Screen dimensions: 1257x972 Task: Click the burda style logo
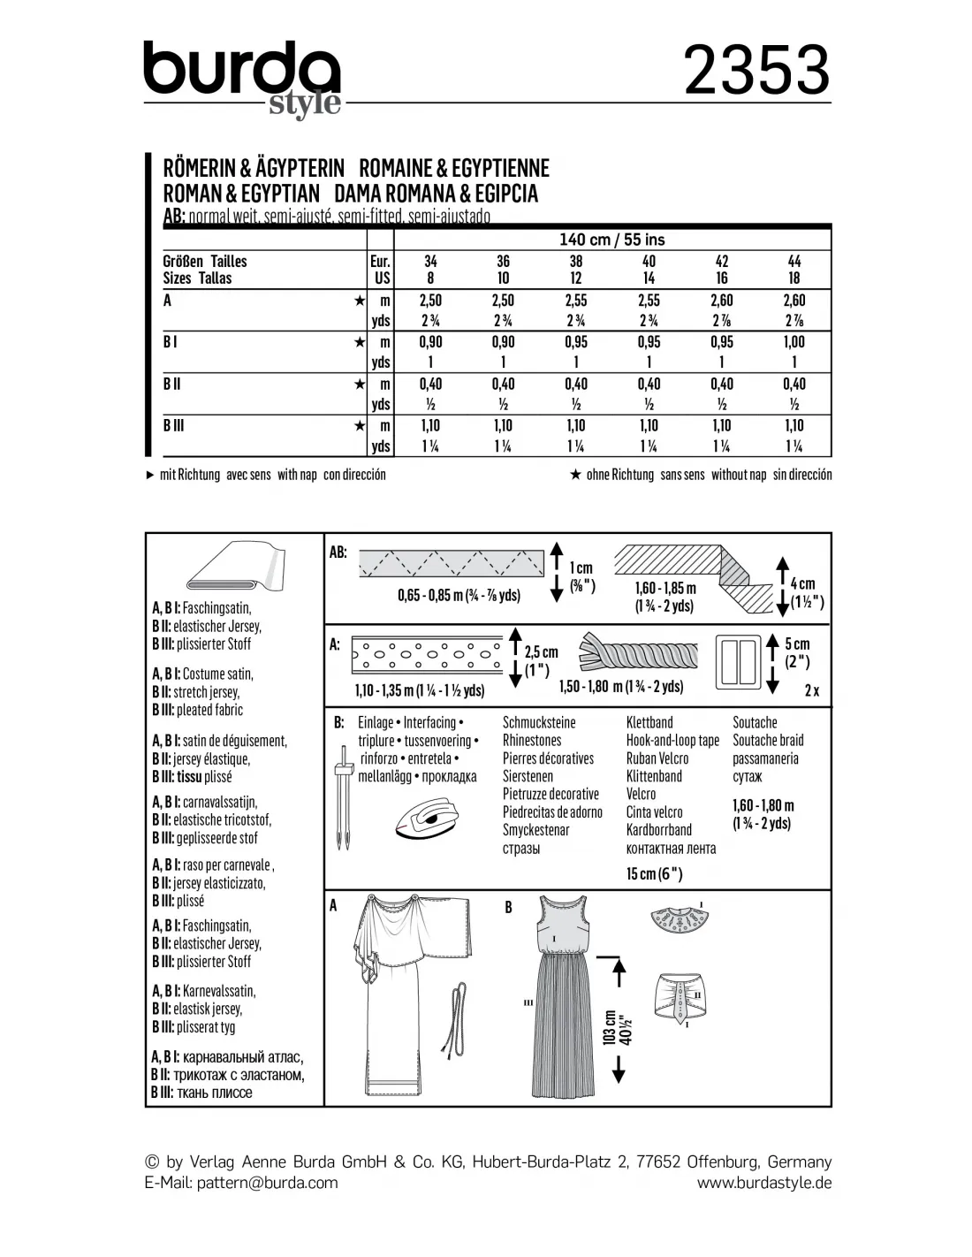(x=242, y=78)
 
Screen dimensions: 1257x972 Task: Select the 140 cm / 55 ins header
(x=611, y=240)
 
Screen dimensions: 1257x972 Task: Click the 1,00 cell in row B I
(x=794, y=342)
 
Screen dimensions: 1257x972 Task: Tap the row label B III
(x=174, y=425)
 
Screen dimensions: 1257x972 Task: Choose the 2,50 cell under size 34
(x=430, y=301)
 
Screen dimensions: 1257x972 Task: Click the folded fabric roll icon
(x=234, y=568)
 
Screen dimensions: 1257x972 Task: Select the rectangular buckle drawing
(x=740, y=659)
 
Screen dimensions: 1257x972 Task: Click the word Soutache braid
(x=767, y=741)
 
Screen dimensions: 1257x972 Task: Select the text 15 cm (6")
(x=654, y=873)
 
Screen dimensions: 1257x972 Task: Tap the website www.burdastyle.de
(x=763, y=1183)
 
